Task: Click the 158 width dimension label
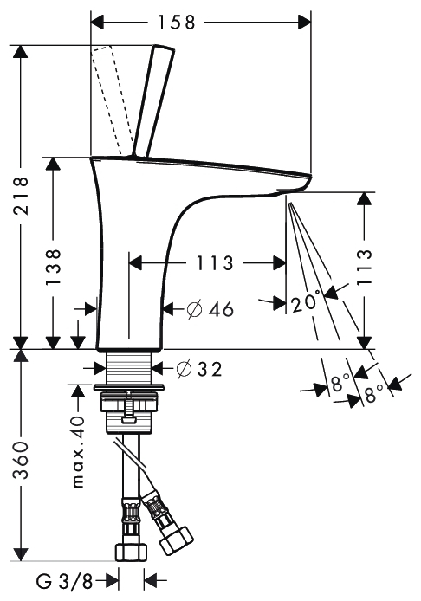click(x=177, y=23)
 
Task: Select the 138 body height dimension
click(x=53, y=267)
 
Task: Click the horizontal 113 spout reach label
click(x=215, y=263)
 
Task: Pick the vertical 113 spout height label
click(x=365, y=267)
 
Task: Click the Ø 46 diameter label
click(x=210, y=309)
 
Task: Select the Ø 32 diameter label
click(x=199, y=370)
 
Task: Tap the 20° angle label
click(x=304, y=303)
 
